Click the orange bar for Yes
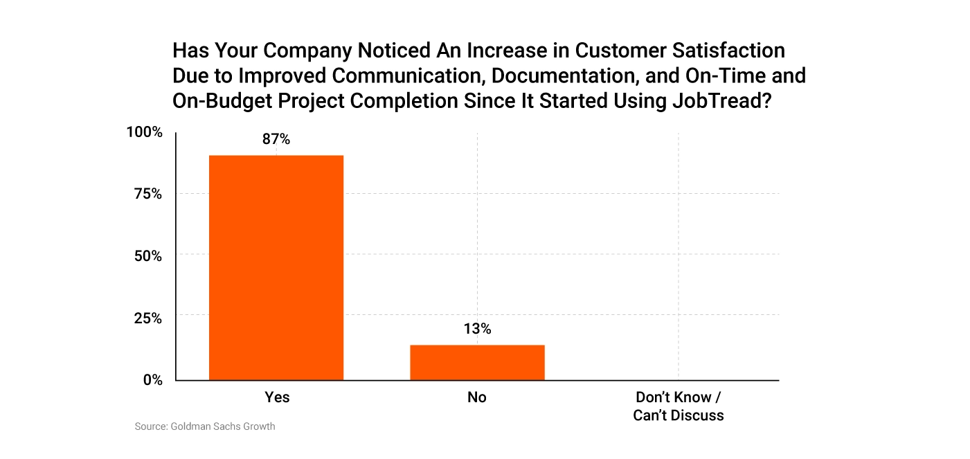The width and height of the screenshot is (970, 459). point(276,267)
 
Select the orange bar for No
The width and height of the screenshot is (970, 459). point(477,362)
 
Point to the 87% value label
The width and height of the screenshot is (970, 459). point(276,139)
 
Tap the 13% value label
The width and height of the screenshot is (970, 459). point(477,329)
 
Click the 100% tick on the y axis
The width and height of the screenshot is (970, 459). point(144,132)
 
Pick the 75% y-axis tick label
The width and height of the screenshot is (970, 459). point(147,194)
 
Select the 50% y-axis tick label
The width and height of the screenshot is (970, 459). point(147,255)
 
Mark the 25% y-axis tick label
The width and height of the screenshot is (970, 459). point(147,318)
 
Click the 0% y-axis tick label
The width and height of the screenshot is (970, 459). point(152,379)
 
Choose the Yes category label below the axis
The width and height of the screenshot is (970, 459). point(277,397)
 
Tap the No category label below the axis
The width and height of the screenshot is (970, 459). point(477,397)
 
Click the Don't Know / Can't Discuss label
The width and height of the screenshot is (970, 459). point(678,406)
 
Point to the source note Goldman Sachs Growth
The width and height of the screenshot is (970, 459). point(205,426)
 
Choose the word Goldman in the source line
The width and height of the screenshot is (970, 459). point(190,426)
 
